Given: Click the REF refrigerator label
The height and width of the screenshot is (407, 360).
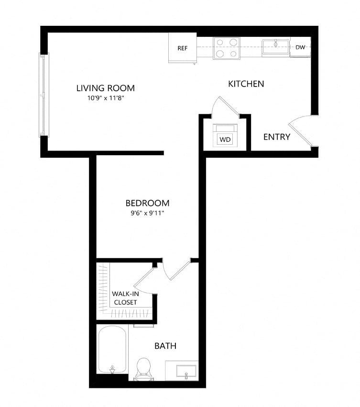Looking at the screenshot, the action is click(x=182, y=48).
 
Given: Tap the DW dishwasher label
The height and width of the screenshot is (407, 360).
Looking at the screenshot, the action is click(x=300, y=47).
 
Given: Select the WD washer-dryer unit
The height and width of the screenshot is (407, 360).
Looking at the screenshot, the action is click(x=225, y=136).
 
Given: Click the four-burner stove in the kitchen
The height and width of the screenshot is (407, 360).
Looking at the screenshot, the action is click(x=227, y=48).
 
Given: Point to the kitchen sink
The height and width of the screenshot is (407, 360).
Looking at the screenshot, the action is click(x=275, y=47).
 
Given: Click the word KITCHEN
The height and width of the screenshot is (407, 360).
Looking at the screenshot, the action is click(x=246, y=84).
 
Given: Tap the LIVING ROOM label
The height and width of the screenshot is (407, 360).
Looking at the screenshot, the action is click(x=106, y=88).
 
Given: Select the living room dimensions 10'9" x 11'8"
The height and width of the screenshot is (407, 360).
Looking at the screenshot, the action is click(x=106, y=98).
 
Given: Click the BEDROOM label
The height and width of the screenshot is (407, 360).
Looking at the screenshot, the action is click(x=147, y=203).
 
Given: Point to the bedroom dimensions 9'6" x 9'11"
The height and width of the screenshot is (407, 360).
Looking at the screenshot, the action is click(x=147, y=214).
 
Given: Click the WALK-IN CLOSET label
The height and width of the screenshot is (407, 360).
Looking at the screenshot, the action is click(x=125, y=298).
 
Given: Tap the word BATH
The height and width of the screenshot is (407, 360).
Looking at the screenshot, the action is click(x=165, y=346).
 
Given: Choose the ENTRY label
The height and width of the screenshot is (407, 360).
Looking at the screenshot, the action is click(x=277, y=137).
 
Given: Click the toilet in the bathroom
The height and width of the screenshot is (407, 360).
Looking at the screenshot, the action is click(x=143, y=369).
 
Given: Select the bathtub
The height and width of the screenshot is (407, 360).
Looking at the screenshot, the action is click(x=112, y=350).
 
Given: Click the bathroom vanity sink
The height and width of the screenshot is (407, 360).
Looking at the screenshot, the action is click(x=186, y=371).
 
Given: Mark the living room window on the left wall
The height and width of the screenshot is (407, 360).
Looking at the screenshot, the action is click(x=44, y=95).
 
